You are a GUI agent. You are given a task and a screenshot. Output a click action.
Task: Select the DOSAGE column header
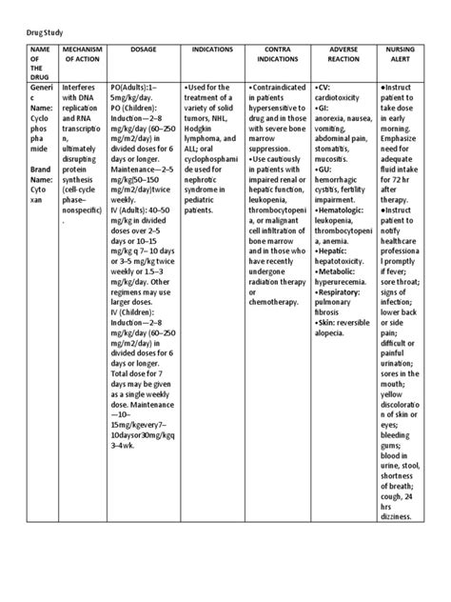(140, 48)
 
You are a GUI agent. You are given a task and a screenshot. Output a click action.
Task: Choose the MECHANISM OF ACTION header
(81, 53)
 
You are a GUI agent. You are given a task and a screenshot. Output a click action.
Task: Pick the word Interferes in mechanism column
(79, 86)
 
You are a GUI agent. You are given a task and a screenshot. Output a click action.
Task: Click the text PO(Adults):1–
(136, 86)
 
